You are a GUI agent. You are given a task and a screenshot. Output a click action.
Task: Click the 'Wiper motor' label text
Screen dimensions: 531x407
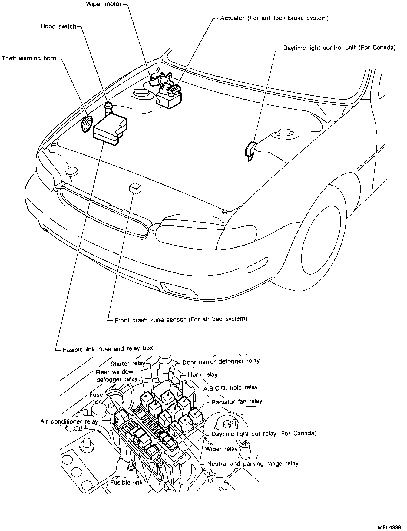click(104, 4)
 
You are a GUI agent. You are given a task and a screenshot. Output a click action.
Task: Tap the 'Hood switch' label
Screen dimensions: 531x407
click(58, 27)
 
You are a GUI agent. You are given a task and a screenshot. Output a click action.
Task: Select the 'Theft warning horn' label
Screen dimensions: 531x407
click(29, 58)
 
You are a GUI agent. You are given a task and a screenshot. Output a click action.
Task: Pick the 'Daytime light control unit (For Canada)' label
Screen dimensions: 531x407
click(339, 48)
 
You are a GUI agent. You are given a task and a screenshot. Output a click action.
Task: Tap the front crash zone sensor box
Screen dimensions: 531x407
click(135, 188)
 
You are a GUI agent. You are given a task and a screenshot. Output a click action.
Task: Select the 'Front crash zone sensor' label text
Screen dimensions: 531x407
click(181, 319)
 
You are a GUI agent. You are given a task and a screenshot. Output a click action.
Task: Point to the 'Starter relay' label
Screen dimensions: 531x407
click(127, 364)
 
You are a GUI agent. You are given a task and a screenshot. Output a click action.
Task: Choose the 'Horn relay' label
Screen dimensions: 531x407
click(203, 375)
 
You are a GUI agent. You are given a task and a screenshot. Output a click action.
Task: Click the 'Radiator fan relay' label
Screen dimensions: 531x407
click(237, 402)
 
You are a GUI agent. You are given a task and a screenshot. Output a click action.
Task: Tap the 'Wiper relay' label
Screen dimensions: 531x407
click(221, 449)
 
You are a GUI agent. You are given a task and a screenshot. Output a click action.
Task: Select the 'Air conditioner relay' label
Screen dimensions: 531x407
click(69, 421)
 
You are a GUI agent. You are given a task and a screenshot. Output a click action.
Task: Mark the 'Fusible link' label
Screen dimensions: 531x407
click(126, 483)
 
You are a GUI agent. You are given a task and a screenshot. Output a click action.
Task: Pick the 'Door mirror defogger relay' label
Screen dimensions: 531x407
click(221, 361)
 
